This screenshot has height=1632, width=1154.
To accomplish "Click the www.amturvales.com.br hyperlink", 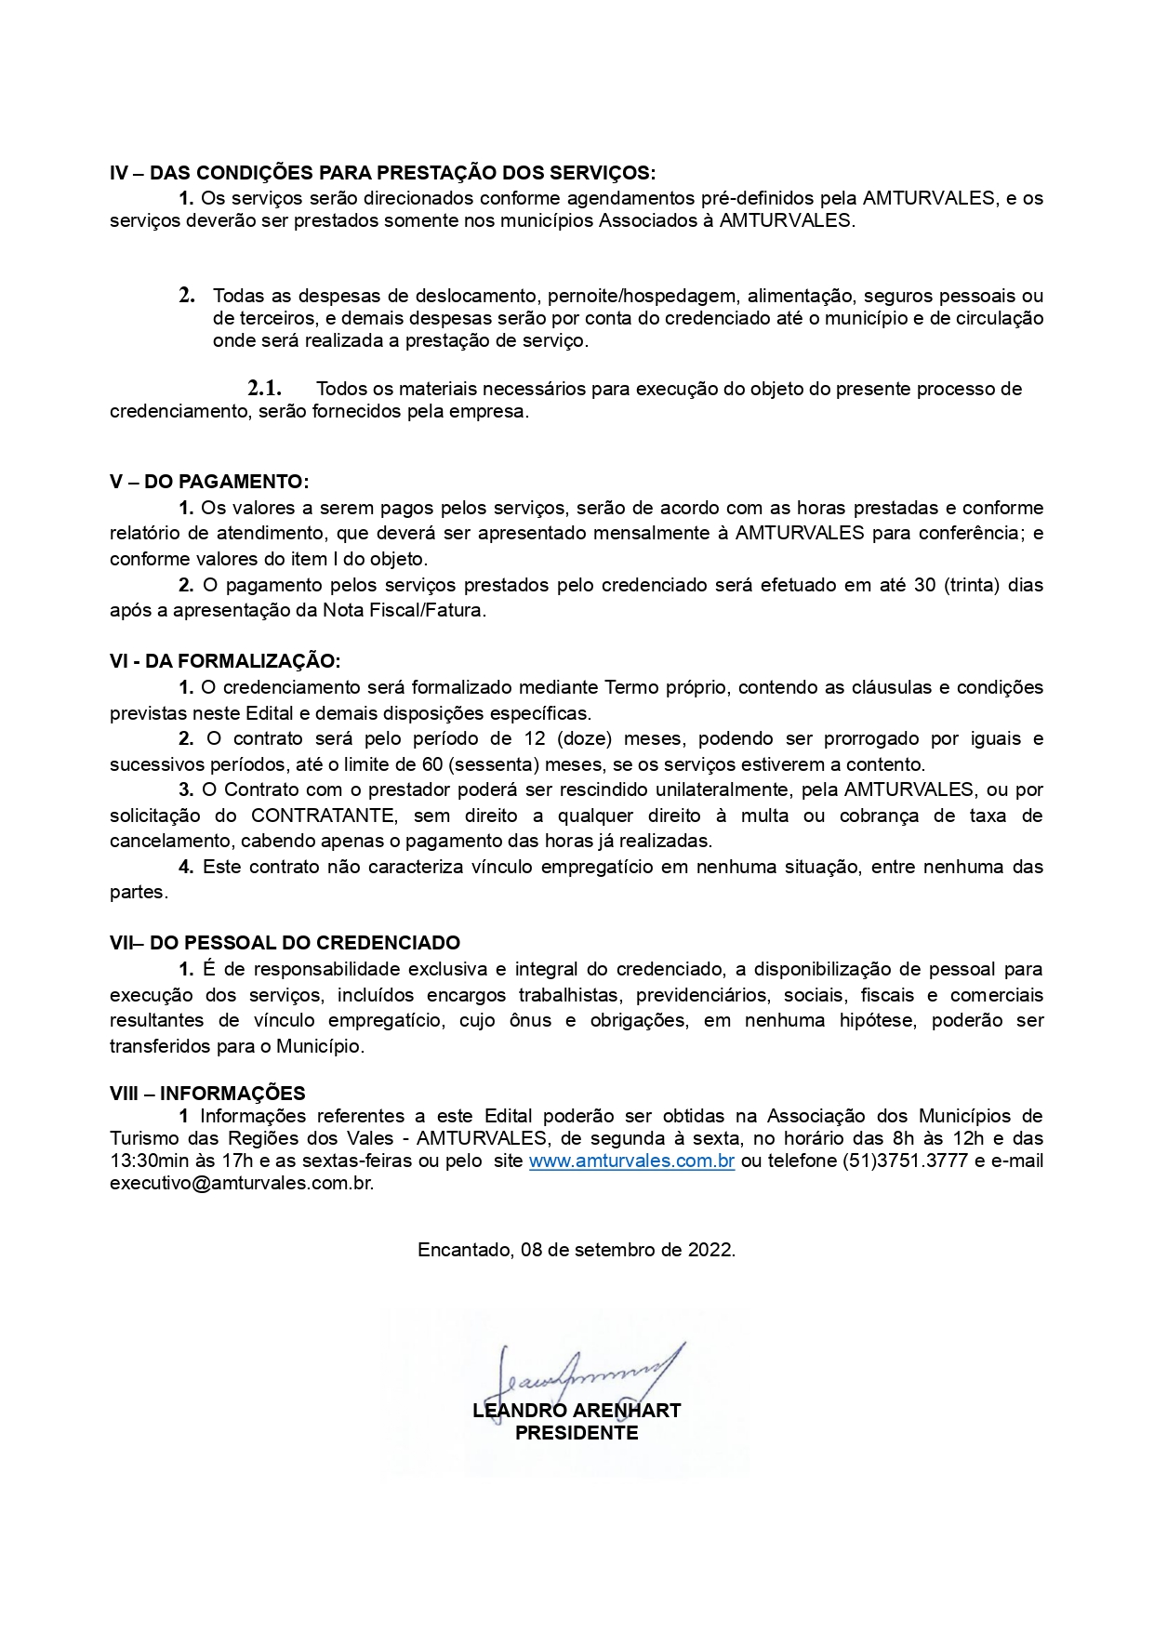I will tap(631, 1161).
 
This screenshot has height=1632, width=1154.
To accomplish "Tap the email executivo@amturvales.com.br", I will tap(241, 1184).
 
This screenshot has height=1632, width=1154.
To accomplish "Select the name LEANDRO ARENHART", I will tap(577, 1411).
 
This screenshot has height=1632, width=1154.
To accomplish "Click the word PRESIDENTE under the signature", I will tap(577, 1433).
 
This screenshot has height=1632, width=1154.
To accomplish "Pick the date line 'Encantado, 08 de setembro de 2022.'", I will tap(577, 1250).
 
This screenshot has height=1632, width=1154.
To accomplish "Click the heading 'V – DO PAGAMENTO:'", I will tap(209, 482).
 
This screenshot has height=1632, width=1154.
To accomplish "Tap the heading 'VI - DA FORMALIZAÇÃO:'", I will tap(225, 661).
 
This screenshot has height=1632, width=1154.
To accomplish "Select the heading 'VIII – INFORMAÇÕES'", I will tap(207, 1094).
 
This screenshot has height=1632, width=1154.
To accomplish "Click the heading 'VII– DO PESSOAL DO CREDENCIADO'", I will tap(285, 943).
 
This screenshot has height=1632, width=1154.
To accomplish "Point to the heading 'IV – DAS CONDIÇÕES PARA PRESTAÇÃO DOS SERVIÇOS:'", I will tap(382, 173).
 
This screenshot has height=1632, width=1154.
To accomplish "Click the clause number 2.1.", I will tap(264, 389).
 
